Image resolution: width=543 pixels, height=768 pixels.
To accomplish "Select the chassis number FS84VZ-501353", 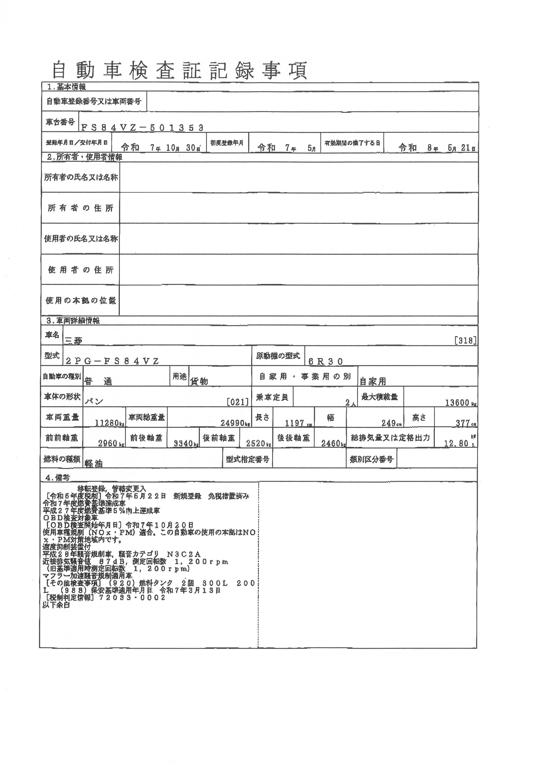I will coord(142,127).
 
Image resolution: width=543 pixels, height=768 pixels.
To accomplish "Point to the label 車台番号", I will coord(60,122).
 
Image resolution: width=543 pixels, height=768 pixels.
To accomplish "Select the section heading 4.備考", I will coord(58,478).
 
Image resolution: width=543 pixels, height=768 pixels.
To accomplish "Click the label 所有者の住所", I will coord(80,208).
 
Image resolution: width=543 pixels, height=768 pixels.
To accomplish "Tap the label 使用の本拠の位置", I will coord(80,300).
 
